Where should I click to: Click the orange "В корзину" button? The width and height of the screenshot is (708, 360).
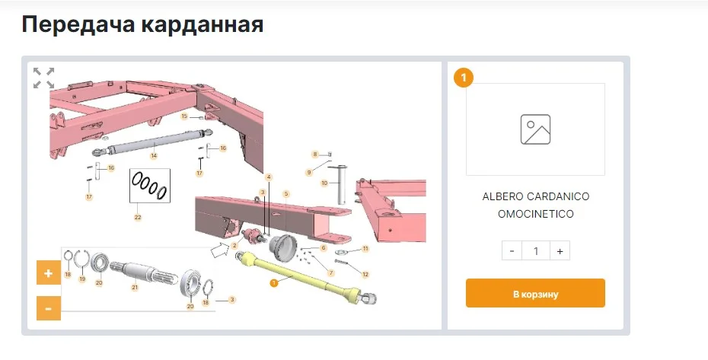tap(535, 293)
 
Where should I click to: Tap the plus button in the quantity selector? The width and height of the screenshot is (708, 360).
tap(560, 251)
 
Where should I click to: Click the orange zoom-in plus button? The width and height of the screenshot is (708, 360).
tap(48, 272)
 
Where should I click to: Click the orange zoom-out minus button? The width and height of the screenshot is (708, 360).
tap(48, 308)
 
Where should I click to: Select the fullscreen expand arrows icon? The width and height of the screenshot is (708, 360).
tap(44, 78)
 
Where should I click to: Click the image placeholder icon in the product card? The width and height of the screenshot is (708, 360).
tap(535, 129)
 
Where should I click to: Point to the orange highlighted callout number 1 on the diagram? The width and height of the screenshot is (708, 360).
tap(273, 283)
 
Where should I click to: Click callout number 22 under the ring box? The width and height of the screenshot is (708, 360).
tap(138, 217)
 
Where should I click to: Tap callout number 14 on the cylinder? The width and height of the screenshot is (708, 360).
tap(154, 156)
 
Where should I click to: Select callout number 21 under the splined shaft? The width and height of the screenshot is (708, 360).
tap(135, 287)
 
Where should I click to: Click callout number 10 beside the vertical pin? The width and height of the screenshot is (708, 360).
tap(324, 183)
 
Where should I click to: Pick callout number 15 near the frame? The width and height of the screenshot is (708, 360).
tap(184, 116)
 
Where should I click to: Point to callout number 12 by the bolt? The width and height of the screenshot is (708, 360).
tap(365, 274)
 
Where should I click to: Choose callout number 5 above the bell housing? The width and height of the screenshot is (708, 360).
tap(285, 194)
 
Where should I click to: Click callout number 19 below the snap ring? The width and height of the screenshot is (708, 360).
tap(82, 279)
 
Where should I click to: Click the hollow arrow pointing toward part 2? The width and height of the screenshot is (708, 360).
tap(220, 250)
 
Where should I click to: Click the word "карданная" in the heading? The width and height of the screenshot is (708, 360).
tap(202, 24)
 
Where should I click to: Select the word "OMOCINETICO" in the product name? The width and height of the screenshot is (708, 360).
tap(535, 214)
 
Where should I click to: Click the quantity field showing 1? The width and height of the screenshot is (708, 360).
tap(535, 251)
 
